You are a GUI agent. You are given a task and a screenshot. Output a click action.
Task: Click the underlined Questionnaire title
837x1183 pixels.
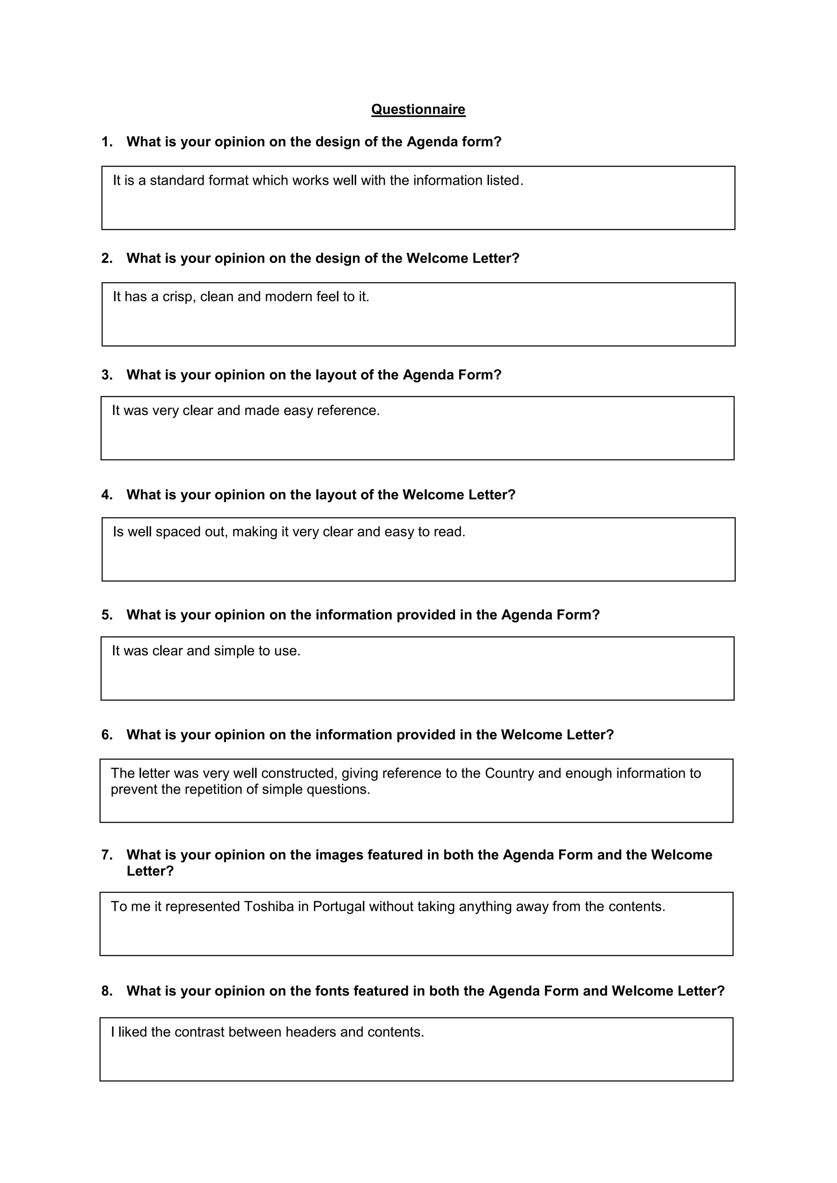click(x=418, y=109)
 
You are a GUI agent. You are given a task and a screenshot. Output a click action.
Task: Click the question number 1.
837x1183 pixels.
click(x=106, y=142)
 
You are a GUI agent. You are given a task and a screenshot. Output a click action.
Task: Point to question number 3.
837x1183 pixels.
click(x=106, y=375)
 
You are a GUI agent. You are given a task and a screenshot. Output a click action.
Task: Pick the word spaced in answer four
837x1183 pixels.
click(x=178, y=532)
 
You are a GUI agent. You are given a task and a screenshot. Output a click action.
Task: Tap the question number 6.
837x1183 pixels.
click(x=106, y=735)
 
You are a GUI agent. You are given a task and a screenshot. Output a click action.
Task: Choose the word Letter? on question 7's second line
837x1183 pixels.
click(x=150, y=871)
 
